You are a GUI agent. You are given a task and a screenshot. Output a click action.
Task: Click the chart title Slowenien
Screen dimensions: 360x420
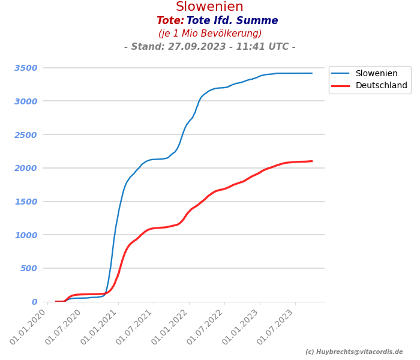[209, 7]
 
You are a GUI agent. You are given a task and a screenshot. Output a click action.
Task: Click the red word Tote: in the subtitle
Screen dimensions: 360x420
[170, 21]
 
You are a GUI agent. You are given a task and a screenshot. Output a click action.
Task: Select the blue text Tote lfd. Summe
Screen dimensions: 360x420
[232, 21]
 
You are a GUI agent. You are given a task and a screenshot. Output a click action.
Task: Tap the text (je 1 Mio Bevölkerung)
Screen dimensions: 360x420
[210, 34]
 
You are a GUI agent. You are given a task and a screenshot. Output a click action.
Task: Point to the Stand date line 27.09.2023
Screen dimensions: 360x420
[210, 47]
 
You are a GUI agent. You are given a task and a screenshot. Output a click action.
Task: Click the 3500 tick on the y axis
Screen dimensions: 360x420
[26, 68]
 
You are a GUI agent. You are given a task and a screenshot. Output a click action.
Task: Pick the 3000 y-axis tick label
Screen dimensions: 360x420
[26, 101]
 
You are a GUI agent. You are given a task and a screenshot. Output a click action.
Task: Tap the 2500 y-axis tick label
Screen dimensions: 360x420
[26, 134]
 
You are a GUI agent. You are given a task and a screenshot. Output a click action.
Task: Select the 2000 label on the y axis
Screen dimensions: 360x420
[26, 168]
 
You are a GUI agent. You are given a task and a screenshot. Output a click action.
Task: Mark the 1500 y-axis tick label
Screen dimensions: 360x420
[26, 202]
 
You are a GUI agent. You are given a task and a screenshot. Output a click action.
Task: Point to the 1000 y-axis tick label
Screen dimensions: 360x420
[26, 235]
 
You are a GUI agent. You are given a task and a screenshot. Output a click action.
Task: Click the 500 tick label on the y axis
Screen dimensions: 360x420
[28, 268]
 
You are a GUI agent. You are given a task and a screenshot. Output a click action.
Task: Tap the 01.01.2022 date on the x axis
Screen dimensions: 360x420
[172, 327]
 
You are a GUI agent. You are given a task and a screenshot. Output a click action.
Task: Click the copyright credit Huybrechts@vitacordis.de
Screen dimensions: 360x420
[354, 352]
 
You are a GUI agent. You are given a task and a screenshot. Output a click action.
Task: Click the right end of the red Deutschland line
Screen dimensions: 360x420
[311, 161]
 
